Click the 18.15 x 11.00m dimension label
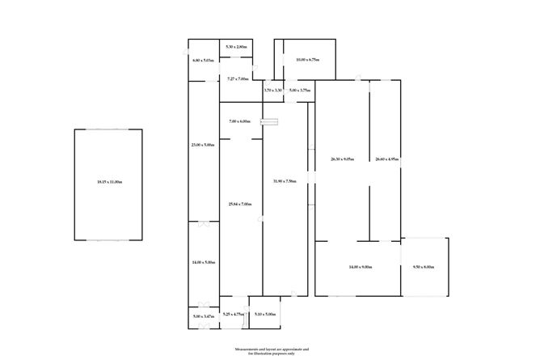point(108,182)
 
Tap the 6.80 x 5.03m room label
point(202,61)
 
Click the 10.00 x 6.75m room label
point(308,59)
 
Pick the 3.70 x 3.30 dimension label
point(272,91)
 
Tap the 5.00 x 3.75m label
point(300,91)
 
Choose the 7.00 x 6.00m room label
point(240,122)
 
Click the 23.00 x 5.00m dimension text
point(203,145)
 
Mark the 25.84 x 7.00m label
point(240,204)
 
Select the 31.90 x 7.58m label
point(285,181)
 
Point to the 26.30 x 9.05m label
point(343,159)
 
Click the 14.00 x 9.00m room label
point(360,267)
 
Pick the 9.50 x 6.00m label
point(424,267)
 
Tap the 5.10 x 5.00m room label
point(264,314)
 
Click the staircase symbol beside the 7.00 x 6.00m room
point(273,122)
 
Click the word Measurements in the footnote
point(249,348)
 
